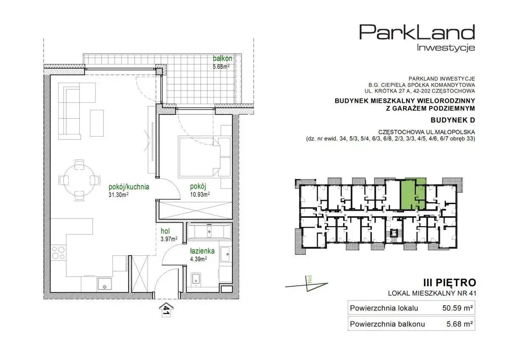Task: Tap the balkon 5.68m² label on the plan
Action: (x=222, y=62)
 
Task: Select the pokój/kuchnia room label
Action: (x=129, y=187)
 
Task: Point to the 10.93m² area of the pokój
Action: (x=200, y=194)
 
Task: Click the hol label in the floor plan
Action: (x=165, y=231)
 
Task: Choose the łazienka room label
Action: (x=202, y=251)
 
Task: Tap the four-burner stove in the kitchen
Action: (x=58, y=253)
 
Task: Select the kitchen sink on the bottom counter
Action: (x=104, y=285)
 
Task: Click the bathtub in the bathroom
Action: (x=209, y=232)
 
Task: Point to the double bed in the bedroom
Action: (x=199, y=156)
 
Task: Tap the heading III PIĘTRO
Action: (x=450, y=283)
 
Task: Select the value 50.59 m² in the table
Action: (x=457, y=308)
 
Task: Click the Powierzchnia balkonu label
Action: (x=387, y=324)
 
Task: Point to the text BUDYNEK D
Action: (x=453, y=120)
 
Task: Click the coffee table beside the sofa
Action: (x=97, y=123)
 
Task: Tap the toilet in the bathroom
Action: (x=196, y=279)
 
